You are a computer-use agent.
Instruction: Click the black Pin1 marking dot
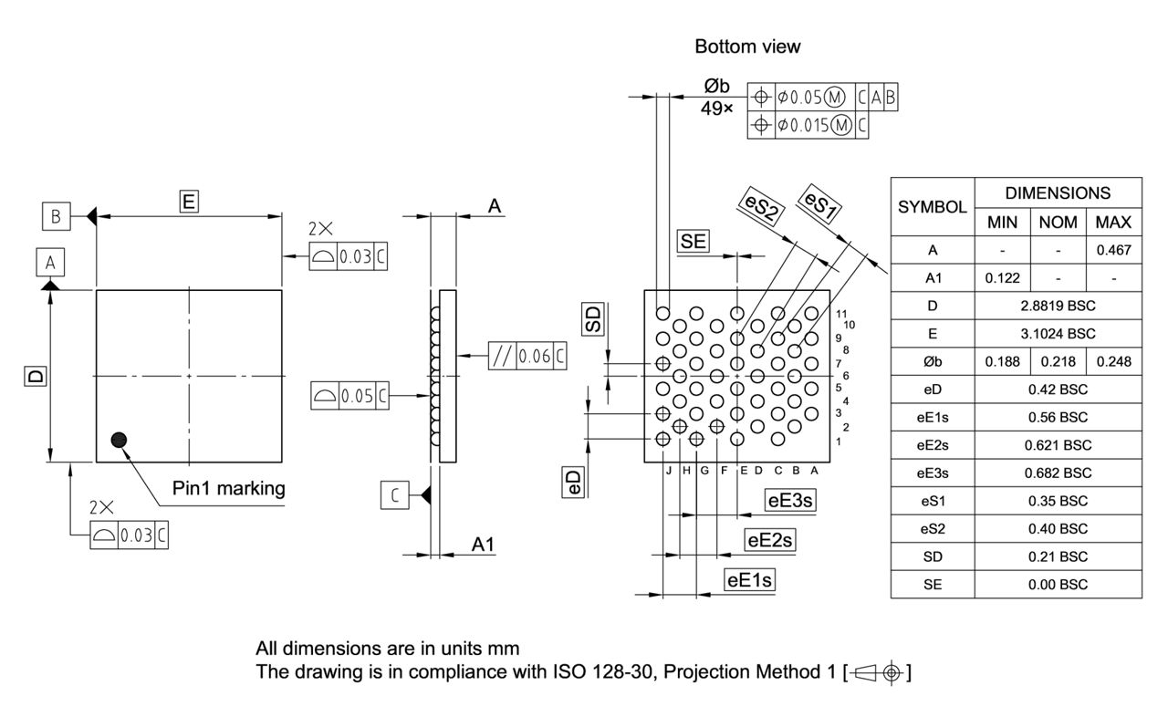pyautogui.click(x=118, y=440)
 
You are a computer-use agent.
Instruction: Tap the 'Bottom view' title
pyautogui.click(x=747, y=46)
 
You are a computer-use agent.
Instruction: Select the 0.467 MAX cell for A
pyautogui.click(x=1113, y=250)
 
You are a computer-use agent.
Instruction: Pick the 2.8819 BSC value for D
pyautogui.click(x=1058, y=306)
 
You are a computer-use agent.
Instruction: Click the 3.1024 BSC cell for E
pyautogui.click(x=1058, y=334)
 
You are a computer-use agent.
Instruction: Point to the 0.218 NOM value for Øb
pyautogui.click(x=1058, y=362)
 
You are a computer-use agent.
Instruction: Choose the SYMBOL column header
pyautogui.click(x=932, y=207)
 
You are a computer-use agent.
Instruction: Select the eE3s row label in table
pyautogui.click(x=932, y=473)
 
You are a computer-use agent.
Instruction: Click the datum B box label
pyautogui.click(x=56, y=216)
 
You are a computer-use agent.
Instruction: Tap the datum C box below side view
pyautogui.click(x=394, y=495)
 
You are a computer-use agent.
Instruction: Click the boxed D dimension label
pyautogui.click(x=35, y=376)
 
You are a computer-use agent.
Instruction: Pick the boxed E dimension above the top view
pyautogui.click(x=189, y=202)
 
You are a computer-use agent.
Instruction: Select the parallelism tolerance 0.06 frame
pyautogui.click(x=527, y=356)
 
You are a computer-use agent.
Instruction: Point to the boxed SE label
pyautogui.click(x=693, y=241)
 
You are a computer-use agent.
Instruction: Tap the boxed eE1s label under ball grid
pyautogui.click(x=749, y=579)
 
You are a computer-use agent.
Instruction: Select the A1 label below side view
pyautogui.click(x=483, y=544)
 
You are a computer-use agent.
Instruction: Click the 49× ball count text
pyautogui.click(x=716, y=109)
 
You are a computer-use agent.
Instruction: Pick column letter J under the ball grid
pyautogui.click(x=668, y=471)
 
